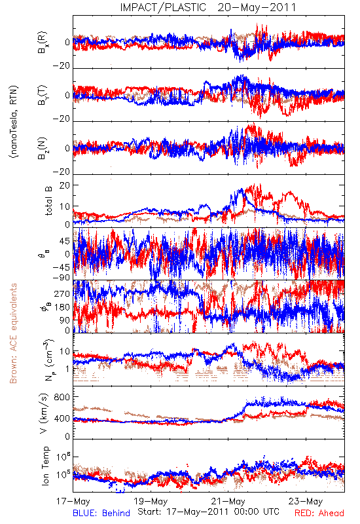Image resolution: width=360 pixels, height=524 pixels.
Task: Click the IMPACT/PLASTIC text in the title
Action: (163, 7)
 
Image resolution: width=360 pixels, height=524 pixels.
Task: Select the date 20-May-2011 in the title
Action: (257, 7)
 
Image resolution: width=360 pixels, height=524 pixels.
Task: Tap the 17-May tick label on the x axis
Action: (73, 501)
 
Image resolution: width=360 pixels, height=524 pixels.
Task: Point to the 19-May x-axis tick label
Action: (151, 501)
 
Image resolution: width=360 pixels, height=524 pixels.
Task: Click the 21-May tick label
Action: (228, 501)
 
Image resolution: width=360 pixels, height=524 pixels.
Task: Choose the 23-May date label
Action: (306, 501)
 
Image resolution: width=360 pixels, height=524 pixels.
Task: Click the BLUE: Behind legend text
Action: (101, 513)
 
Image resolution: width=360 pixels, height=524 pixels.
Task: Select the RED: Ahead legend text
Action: (319, 513)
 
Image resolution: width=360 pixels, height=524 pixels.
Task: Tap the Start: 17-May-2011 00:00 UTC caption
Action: (208, 512)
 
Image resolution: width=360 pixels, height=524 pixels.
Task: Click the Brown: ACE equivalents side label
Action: (13, 333)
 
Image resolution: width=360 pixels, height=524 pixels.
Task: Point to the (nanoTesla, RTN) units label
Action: (14, 122)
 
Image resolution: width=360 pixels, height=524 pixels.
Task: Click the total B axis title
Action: (48, 201)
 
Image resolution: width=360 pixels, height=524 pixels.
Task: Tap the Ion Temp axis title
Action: (45, 466)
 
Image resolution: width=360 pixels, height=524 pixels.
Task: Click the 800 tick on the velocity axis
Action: (62, 397)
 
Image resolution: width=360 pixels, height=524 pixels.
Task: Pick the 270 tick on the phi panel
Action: (62, 293)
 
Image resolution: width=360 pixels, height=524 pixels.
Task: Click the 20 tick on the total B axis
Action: (65, 185)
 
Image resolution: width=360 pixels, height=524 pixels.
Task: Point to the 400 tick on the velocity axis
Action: (62, 419)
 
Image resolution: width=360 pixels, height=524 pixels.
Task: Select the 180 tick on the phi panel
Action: (62, 307)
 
